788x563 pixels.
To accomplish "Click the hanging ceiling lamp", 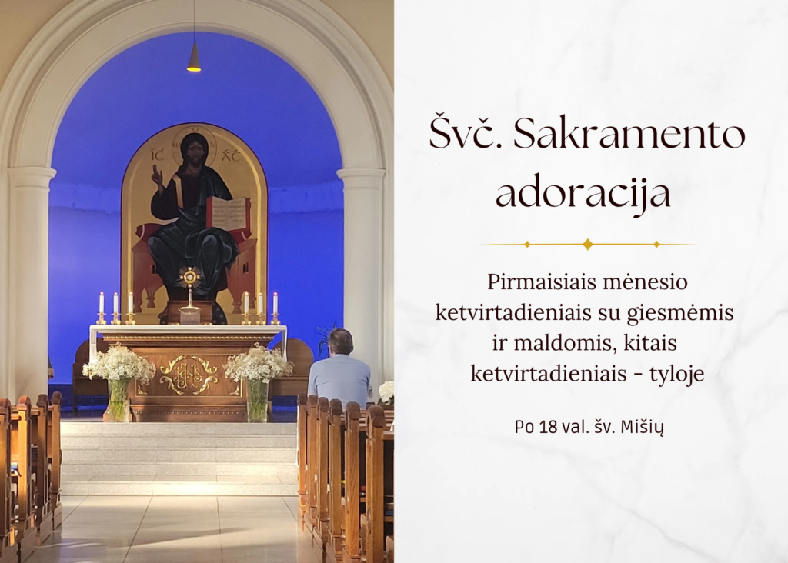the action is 193,57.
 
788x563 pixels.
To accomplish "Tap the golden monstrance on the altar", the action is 190,287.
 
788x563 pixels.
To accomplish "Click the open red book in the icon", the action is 228,213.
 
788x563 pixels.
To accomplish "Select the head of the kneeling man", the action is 341,342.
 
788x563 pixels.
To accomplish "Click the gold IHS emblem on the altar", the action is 189,374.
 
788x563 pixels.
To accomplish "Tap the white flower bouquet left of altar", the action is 119,363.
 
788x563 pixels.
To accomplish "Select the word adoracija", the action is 583,194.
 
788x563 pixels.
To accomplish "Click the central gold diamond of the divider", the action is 587,244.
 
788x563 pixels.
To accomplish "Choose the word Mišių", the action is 643,428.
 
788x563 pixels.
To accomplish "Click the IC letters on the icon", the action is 159,155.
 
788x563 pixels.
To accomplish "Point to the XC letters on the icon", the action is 231,155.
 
